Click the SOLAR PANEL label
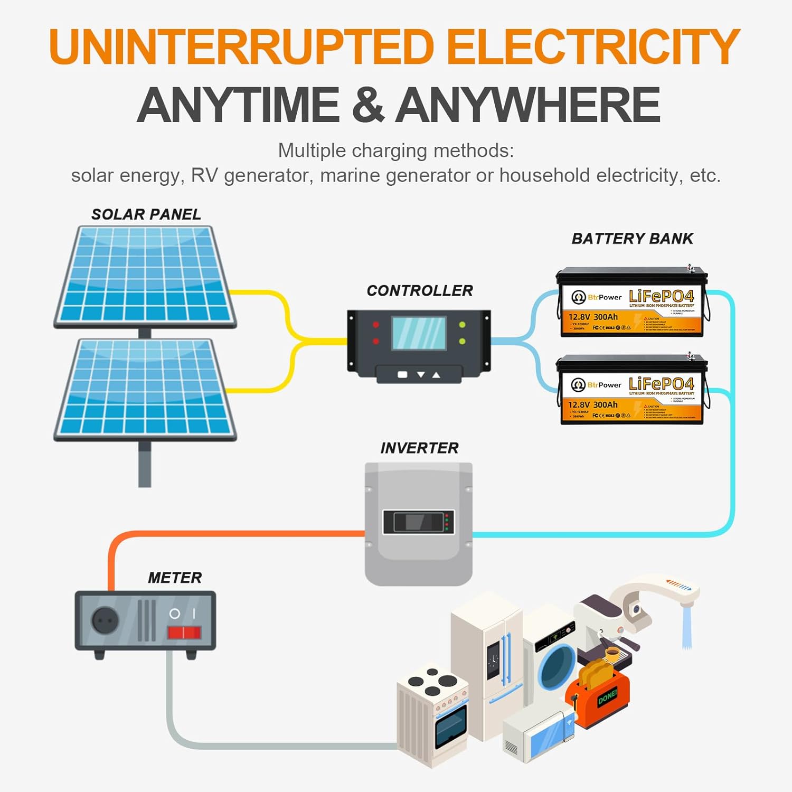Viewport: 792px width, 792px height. pos(146,214)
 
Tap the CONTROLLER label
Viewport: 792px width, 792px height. pos(420,290)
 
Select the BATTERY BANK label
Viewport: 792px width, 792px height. pos(632,239)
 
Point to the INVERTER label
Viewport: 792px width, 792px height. pos(419,448)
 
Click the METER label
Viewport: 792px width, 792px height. pos(175,578)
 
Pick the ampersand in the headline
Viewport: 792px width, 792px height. pos(367,105)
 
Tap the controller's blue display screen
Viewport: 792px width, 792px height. pos(419,333)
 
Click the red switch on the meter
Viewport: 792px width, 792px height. pos(184,633)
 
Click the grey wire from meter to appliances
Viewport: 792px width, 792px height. pos(264,746)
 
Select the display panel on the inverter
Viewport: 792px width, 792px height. pos(419,522)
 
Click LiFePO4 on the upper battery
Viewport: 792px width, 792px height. pos(661,296)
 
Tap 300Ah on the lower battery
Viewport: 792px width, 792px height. pos(605,405)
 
